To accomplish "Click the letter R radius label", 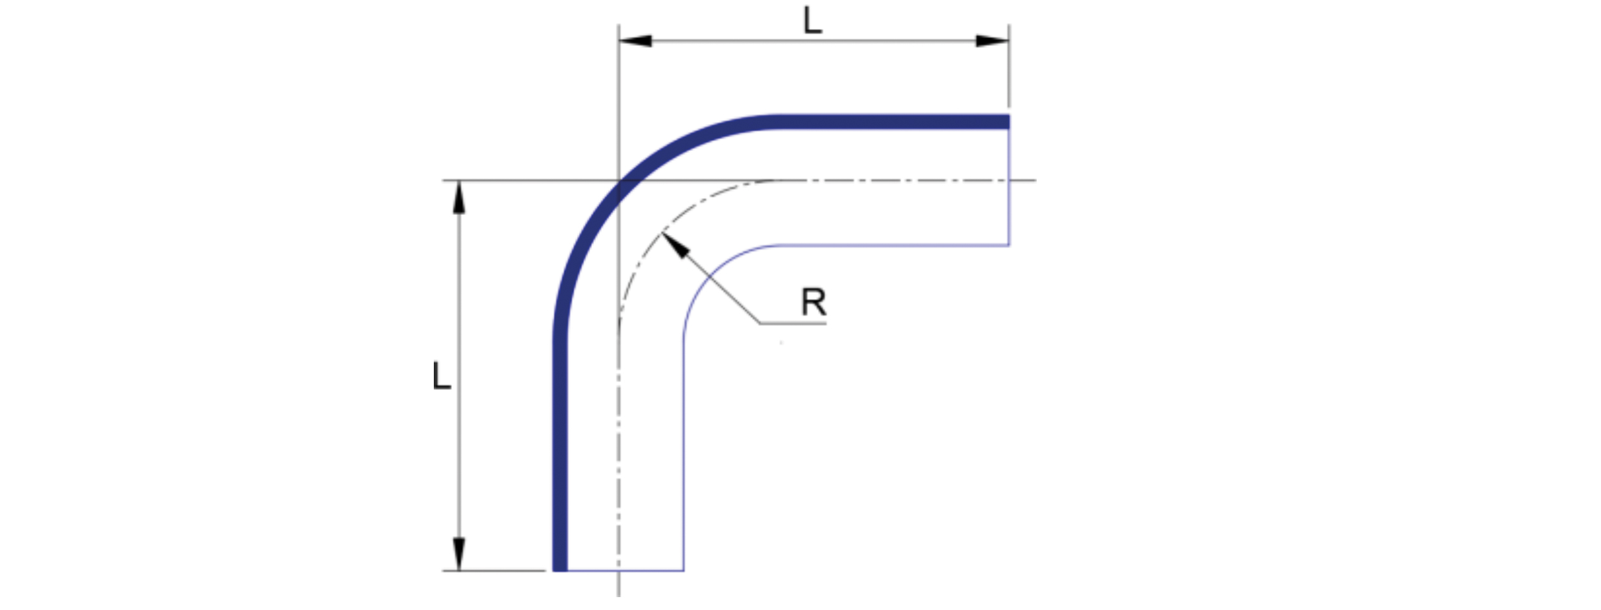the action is pyautogui.click(x=813, y=302).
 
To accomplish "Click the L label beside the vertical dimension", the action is pyautogui.click(x=442, y=376).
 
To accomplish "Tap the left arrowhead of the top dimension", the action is pyautogui.click(x=635, y=41).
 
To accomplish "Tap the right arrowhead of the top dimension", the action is pyautogui.click(x=992, y=41).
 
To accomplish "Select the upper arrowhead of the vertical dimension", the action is pyautogui.click(x=459, y=197).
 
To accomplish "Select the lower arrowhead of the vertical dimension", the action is pyautogui.click(x=459, y=554).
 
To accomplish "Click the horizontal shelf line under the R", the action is pyautogui.click(x=793, y=323).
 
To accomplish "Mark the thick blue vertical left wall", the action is pyautogui.click(x=560, y=454).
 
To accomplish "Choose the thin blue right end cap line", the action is pyautogui.click(x=1009, y=187).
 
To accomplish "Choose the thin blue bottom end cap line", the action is pyautogui.click(x=625, y=571).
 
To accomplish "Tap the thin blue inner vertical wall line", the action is pyautogui.click(x=684, y=454).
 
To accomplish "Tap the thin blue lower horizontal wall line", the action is pyautogui.click(x=895, y=245).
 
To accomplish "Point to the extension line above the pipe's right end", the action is pyautogui.click(x=1009, y=66).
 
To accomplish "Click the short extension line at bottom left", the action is pyautogui.click(x=494, y=571).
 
